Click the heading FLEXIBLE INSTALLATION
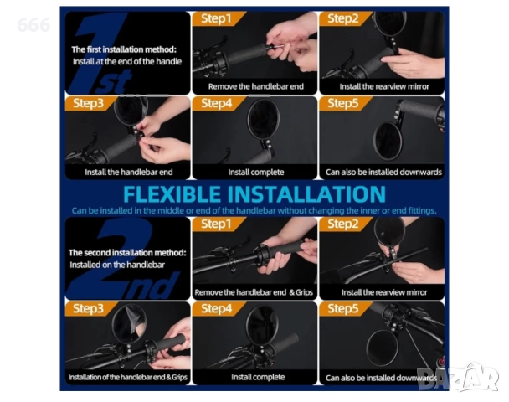tap(254, 194)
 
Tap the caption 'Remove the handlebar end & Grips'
tap(254, 292)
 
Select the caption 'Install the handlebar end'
tap(129, 172)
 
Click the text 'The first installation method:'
tap(124, 49)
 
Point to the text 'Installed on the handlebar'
tap(117, 265)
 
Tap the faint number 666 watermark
tap(33, 25)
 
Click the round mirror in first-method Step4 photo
tap(264, 118)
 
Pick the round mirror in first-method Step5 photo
tap(388, 141)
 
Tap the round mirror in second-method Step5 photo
tap(382, 348)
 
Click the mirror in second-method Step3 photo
tap(129, 323)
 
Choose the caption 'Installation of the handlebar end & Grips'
tap(128, 377)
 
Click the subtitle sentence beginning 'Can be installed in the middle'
tap(254, 211)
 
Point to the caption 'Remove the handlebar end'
tap(256, 86)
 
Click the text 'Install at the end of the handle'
tap(127, 61)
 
